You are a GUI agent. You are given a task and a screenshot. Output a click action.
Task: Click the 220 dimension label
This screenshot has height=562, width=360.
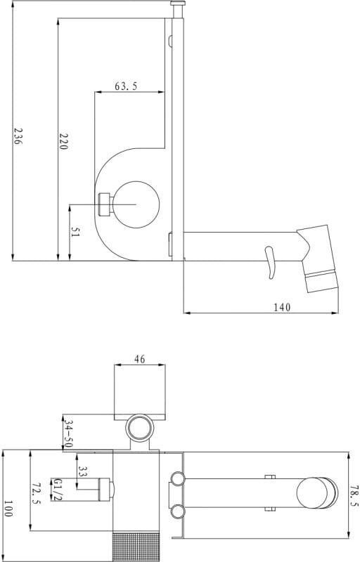tap(63, 141)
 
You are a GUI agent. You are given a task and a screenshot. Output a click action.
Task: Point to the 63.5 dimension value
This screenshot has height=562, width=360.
tap(126, 86)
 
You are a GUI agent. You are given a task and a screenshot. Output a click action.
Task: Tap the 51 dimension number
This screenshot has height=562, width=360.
tap(75, 232)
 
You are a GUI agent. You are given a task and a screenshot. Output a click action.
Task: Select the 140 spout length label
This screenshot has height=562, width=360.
tap(282, 307)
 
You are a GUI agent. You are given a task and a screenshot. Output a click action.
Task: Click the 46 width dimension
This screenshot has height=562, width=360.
tap(139, 359)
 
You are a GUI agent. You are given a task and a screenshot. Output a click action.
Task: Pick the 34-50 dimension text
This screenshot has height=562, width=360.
tap(68, 434)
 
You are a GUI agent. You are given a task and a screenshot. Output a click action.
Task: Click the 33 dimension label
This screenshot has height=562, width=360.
tap(83, 471)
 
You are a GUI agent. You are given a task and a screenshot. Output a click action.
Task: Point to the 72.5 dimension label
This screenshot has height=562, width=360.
tap(37, 493)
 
